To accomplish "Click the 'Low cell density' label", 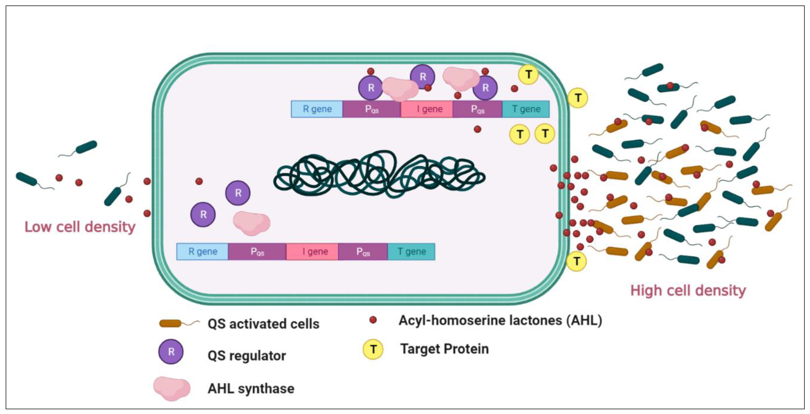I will point(80,227).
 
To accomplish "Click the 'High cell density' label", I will point(688,290).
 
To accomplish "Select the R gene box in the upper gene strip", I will point(317,109).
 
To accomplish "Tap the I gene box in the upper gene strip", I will point(427,109).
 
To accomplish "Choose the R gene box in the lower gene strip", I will point(203,251).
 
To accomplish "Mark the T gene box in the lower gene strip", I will point(411,251).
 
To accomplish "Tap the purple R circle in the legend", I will point(171,351).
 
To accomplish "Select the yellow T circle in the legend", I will point(373,349).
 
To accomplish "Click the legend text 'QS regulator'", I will point(247,356).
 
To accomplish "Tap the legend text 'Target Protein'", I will point(444,349).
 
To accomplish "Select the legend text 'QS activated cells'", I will point(263,324).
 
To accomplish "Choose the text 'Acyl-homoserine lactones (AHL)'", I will point(500,320).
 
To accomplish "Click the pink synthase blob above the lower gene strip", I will point(251,223).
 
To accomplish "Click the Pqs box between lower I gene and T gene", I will point(363,251).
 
